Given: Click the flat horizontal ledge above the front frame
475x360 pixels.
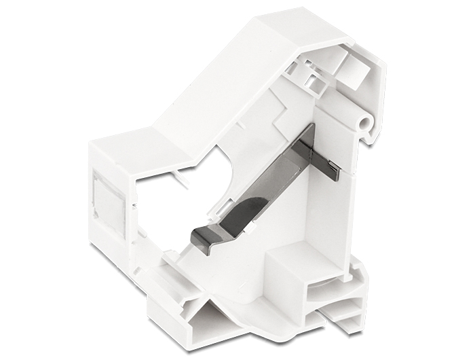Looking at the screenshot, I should tap(129, 139).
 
